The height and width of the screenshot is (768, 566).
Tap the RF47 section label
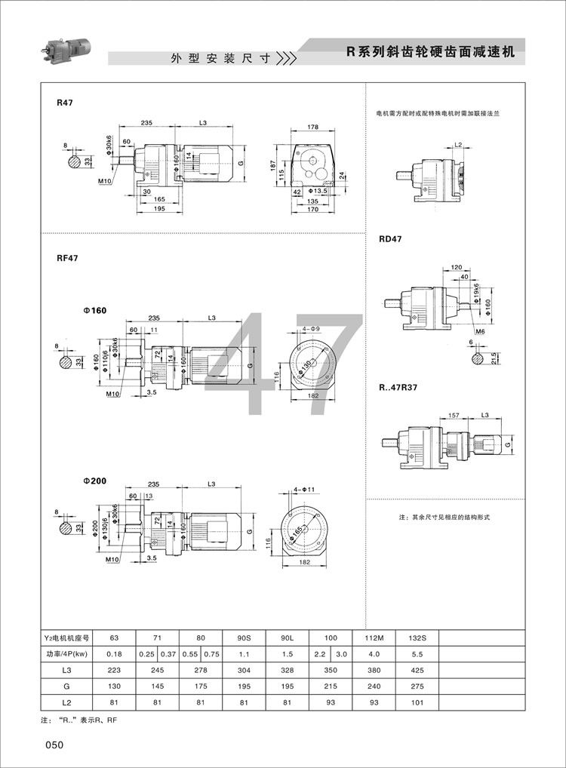pyautogui.click(x=68, y=257)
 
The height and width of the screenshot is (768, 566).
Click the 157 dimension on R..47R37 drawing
pyautogui.click(x=454, y=415)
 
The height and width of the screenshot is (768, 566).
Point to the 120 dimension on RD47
pyautogui.click(x=457, y=267)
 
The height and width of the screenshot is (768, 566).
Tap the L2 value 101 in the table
pyautogui.click(x=417, y=704)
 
